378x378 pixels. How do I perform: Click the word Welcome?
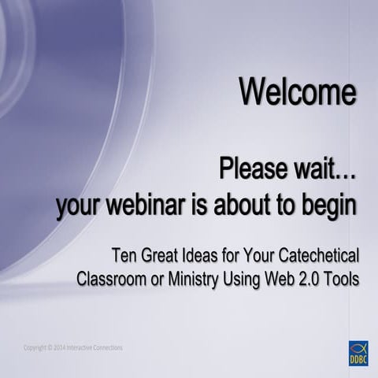pos(298,92)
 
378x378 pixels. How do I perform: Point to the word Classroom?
pos(113,279)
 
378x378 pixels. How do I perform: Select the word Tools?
pos(346,279)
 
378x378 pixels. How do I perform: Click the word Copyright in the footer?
pos(35,347)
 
